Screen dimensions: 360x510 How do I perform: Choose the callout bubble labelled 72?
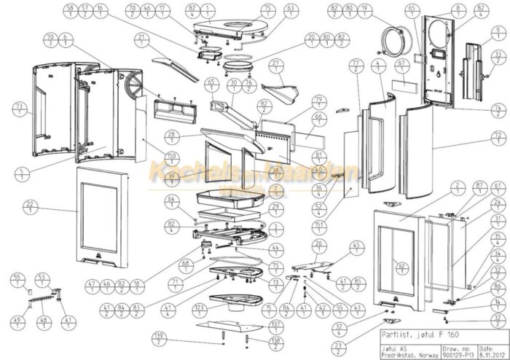coord(498,138)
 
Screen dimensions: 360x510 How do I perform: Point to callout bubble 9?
coord(498,32)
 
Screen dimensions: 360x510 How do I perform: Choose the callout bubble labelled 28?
coord(172,137)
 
